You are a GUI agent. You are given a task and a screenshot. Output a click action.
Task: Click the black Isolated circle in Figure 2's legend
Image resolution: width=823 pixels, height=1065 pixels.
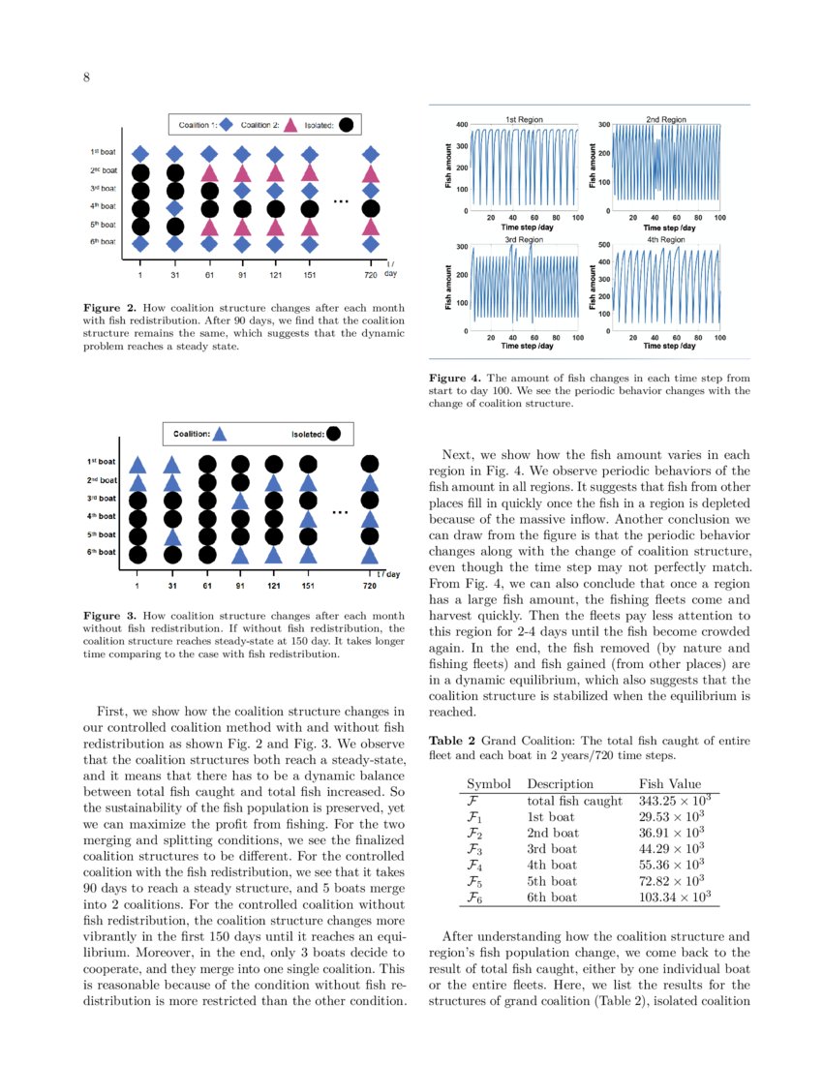tap(346, 124)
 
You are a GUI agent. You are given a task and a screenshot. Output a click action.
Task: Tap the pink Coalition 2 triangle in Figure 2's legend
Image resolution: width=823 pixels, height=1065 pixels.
tap(291, 124)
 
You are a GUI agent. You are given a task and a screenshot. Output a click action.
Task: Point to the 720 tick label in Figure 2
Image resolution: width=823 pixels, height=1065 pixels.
tap(370, 275)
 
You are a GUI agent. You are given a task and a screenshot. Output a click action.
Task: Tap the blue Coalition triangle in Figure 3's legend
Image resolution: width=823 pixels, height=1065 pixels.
tap(220, 434)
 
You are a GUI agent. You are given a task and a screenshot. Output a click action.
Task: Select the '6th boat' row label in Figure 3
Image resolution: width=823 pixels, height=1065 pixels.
tap(102, 553)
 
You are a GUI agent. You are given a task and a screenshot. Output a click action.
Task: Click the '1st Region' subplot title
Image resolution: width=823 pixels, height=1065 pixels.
tap(524, 119)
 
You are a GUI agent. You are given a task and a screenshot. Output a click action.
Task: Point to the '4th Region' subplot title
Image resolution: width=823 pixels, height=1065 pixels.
tap(665, 238)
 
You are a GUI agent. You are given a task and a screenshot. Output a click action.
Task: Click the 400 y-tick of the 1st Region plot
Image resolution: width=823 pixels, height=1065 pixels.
tap(462, 125)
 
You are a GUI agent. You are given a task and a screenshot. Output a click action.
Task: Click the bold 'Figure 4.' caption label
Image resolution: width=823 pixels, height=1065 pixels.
tap(455, 379)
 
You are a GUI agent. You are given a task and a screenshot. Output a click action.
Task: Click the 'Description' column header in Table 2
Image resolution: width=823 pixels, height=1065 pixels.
tap(560, 784)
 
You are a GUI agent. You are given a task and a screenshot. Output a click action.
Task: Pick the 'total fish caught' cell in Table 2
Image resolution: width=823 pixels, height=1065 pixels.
tap(574, 801)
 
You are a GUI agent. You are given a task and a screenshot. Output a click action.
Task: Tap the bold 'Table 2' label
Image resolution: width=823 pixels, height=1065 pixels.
tap(452, 741)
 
